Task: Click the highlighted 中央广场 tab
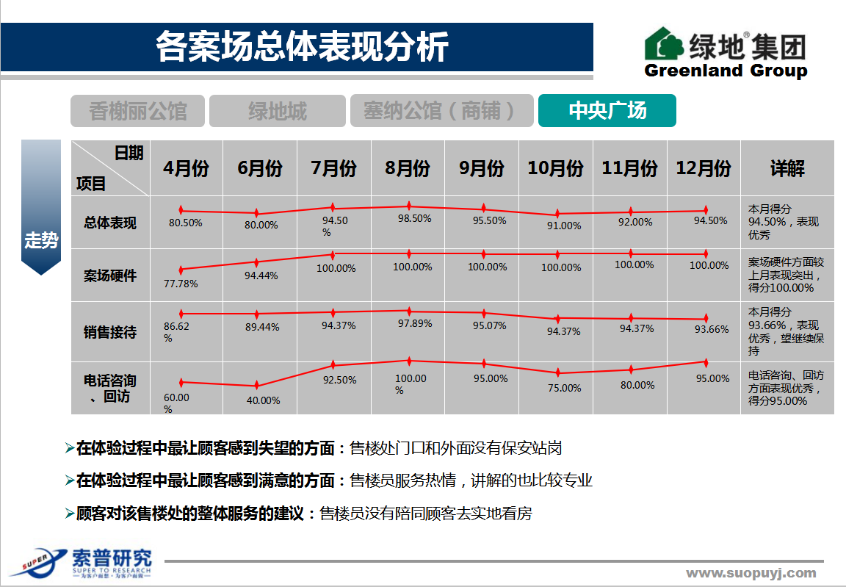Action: click(607, 111)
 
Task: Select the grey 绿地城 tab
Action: click(277, 112)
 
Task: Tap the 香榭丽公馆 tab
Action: click(138, 112)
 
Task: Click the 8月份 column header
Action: click(408, 168)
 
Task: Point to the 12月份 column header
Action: click(704, 168)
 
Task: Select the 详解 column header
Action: click(787, 168)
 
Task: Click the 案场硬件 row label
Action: click(110, 276)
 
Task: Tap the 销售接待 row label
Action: click(110, 332)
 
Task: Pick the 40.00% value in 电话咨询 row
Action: click(262, 400)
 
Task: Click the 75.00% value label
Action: click(564, 388)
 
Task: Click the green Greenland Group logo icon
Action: click(664, 45)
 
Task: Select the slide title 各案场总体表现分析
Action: click(301, 47)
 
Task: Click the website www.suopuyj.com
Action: click(751, 573)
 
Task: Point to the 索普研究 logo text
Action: click(112, 558)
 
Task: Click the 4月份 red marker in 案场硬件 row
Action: click(181, 270)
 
